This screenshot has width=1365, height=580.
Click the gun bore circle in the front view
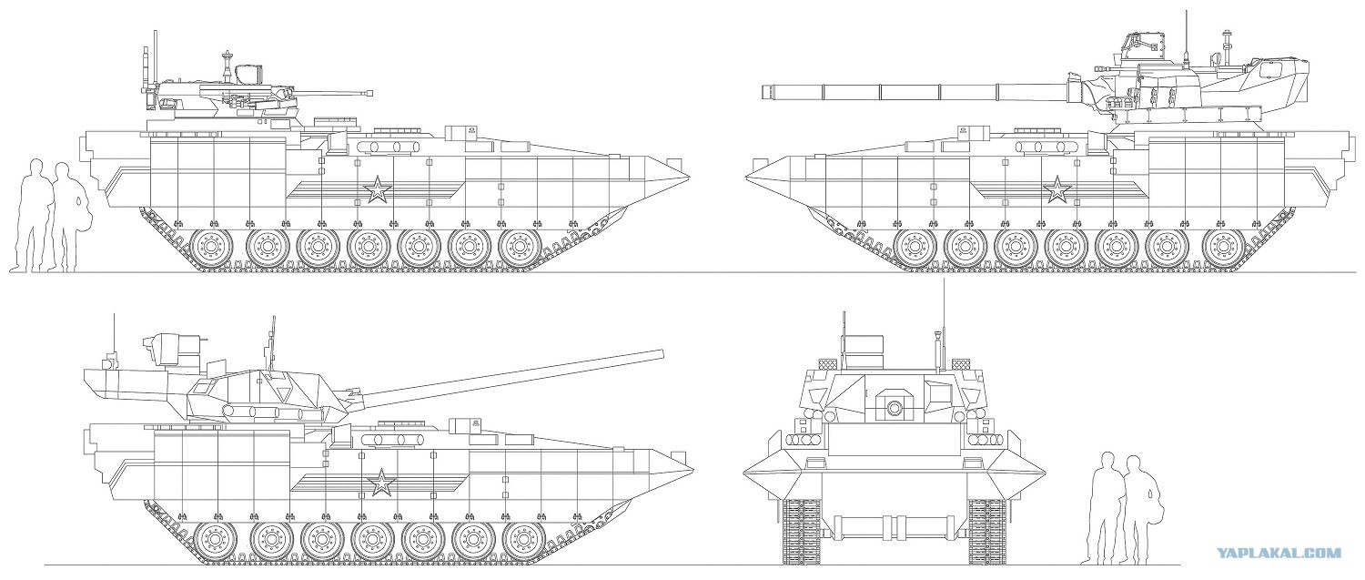pyautogui.click(x=895, y=407)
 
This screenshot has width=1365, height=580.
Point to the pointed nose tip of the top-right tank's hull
pyautogui.click(x=746, y=177)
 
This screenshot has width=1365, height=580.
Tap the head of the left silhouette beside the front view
pyautogui.click(x=1107, y=461)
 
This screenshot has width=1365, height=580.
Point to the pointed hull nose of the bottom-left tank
pyautogui.click(x=693, y=468)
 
